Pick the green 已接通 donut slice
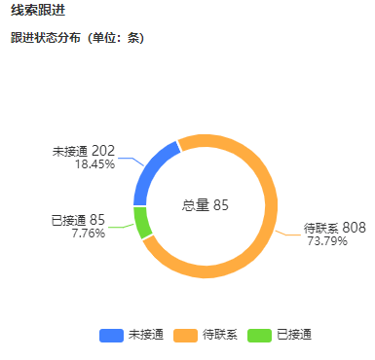coord(142,222)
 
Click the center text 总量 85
coord(206,205)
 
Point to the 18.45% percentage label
coord(94,164)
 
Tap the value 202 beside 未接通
coord(104,151)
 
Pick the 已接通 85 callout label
coord(78,220)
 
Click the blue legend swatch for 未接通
coord(110,335)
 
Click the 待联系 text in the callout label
coord(321,228)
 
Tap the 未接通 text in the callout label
coord(70,152)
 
